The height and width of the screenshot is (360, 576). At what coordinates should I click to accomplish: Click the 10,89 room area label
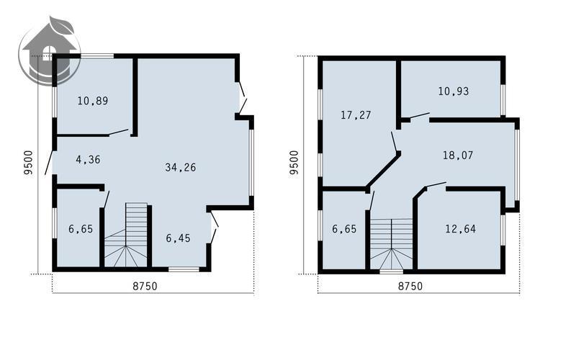[93, 101]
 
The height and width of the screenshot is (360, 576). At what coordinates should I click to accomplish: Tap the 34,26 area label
[181, 168]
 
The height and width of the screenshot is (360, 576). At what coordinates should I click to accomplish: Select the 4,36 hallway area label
[88, 159]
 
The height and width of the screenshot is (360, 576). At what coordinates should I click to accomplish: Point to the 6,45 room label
[178, 238]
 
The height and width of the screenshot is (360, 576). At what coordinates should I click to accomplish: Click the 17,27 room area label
[356, 115]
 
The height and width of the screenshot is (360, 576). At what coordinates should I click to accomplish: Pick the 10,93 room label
[454, 91]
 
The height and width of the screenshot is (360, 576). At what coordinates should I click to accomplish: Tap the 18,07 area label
[458, 155]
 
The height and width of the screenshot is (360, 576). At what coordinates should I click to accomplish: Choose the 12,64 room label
[460, 229]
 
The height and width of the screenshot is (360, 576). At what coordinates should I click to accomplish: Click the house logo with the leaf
[50, 50]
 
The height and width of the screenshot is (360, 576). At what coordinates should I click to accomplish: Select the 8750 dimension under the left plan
[145, 286]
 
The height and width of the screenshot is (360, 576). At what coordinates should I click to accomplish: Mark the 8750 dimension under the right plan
[410, 286]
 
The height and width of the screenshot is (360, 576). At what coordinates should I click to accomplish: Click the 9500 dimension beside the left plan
[28, 163]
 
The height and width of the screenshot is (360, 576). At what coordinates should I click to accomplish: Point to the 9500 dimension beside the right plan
[294, 163]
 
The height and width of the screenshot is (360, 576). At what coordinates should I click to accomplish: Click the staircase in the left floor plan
[126, 235]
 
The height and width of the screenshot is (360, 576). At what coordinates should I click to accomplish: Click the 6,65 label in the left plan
[81, 229]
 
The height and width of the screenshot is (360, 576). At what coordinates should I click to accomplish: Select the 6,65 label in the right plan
[344, 229]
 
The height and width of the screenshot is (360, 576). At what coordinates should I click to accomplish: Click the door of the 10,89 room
[118, 132]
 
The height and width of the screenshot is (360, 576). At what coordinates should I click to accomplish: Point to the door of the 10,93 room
[420, 115]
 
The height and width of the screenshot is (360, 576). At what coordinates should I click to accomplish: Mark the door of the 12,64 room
[436, 184]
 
